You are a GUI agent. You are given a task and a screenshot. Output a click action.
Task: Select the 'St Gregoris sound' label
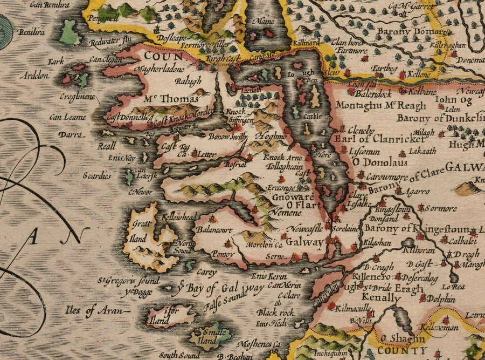(128, 281)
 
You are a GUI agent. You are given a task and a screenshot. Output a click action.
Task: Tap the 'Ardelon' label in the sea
(34, 76)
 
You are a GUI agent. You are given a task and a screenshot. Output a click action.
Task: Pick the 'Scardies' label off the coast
(98, 175)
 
